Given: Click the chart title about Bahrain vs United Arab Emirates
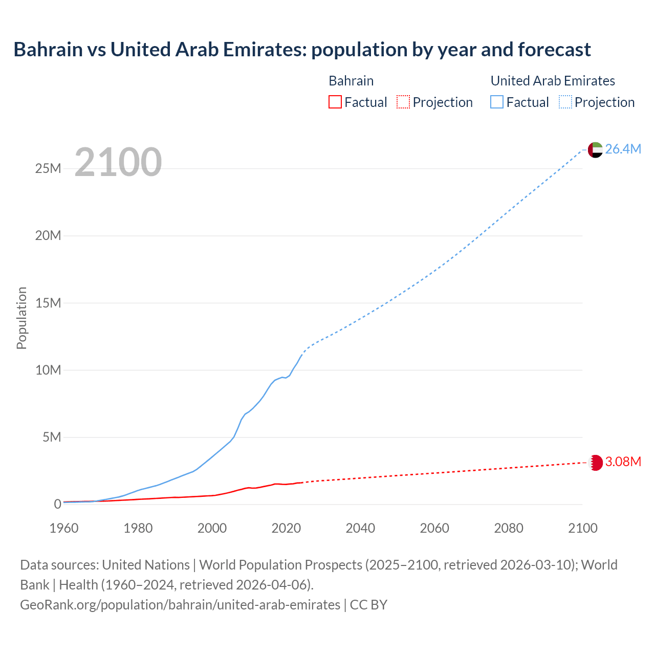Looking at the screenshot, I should click(302, 50).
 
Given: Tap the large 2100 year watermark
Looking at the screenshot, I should click(118, 162).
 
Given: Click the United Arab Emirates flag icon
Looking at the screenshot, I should click(595, 149).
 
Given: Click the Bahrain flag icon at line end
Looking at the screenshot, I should click(595, 463).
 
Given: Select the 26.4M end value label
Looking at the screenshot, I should click(623, 149).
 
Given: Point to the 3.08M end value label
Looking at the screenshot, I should click(623, 462).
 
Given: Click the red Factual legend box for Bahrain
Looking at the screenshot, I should click(335, 102).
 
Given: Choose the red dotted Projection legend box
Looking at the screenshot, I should click(403, 102).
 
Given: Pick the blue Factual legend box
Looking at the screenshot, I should click(497, 102).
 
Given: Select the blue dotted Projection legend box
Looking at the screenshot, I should click(565, 102).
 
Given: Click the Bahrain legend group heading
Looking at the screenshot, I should click(351, 81).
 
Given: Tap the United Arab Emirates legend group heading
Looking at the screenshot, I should click(553, 81).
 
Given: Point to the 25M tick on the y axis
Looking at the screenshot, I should click(48, 168).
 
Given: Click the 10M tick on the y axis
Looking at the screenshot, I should click(48, 370).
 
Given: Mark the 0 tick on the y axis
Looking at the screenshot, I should click(57, 504).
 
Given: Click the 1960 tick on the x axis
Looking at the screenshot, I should click(64, 528).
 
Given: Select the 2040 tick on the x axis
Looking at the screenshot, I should click(360, 528).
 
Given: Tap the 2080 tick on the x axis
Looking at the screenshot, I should click(509, 528).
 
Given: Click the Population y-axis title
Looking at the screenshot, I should click(21, 318).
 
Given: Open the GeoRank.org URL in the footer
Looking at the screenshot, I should click(180, 604).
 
